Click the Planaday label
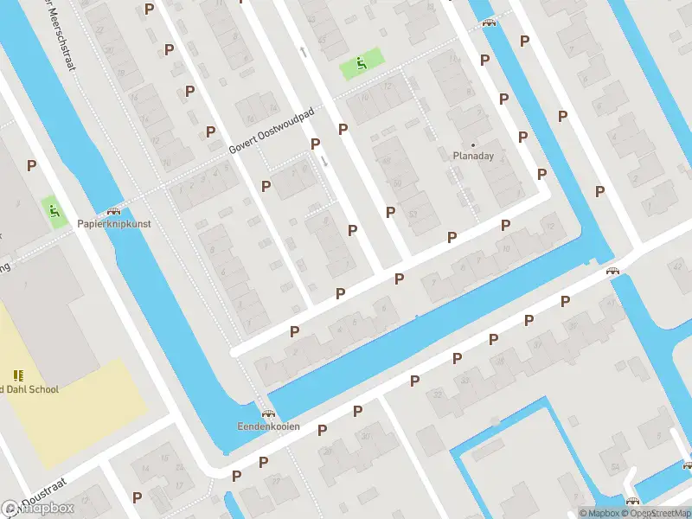click(x=473, y=157)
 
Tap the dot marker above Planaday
click(x=473, y=144)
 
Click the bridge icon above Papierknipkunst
click(x=112, y=211)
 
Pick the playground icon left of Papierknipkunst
click(x=54, y=210)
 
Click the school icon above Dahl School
click(x=18, y=375)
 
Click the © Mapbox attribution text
click(x=600, y=513)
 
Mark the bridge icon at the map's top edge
click(x=490, y=23)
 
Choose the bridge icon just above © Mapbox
click(x=632, y=501)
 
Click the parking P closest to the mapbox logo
click(x=137, y=497)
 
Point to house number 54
click(x=614, y=467)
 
